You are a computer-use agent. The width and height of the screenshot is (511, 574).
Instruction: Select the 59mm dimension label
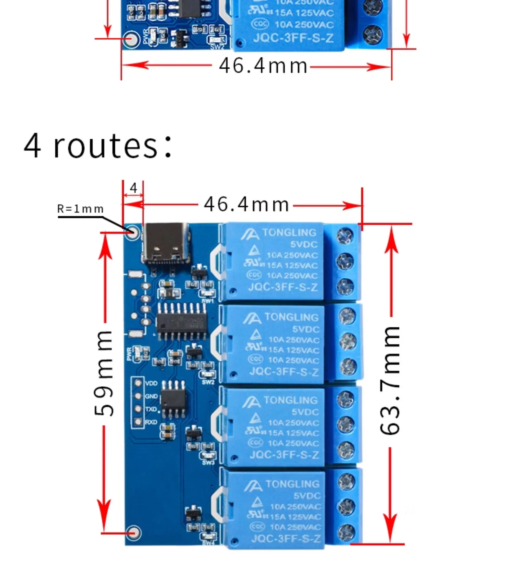point(104,373)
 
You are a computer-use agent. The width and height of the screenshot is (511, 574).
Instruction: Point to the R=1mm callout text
point(80,209)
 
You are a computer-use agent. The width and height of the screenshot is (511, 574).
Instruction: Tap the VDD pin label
point(151,383)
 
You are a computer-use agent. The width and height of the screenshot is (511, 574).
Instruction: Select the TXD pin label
point(151,409)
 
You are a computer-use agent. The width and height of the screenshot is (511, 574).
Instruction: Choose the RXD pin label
point(151,422)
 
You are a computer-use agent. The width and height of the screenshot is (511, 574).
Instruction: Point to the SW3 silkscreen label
point(208,463)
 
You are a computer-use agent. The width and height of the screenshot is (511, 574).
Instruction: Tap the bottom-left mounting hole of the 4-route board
point(134,533)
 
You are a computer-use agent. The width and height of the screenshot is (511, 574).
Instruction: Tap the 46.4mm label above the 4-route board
point(246,205)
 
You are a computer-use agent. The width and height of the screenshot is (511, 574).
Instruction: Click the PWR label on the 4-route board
point(129,354)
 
